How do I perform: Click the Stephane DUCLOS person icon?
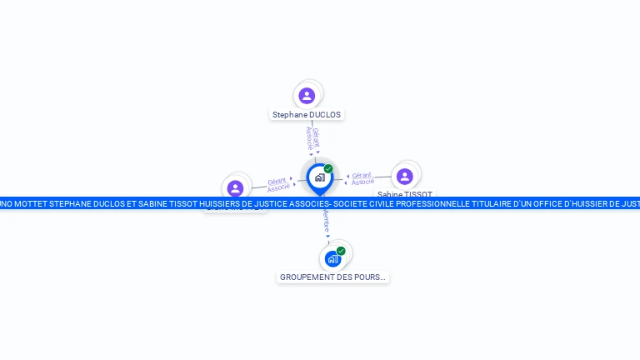(x=307, y=95)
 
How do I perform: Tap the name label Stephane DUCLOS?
(x=307, y=115)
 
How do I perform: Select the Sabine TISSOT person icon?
(x=404, y=176)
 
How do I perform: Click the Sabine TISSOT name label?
(x=405, y=193)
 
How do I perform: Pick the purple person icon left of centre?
(x=235, y=187)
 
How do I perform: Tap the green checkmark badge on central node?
(x=328, y=168)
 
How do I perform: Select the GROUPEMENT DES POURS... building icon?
(x=332, y=258)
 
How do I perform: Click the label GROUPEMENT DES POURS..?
(x=332, y=277)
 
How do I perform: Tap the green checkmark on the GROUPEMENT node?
(x=341, y=250)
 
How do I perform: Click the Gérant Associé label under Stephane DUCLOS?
(x=312, y=138)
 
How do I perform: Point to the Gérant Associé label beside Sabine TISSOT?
(x=362, y=178)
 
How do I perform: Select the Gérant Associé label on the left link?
(x=278, y=185)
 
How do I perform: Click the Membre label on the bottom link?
(x=326, y=222)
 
